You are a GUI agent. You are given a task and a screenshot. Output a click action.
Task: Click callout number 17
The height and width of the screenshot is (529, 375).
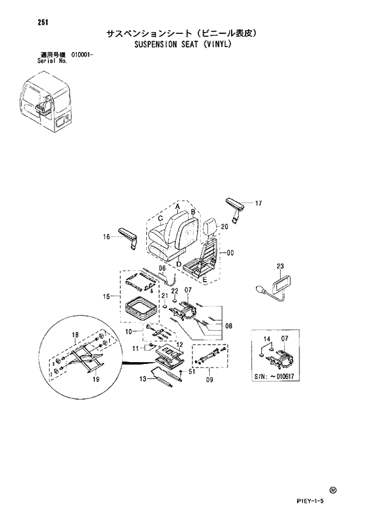[258, 203]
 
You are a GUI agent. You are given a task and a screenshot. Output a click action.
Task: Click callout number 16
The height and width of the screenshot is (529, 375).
[106, 238]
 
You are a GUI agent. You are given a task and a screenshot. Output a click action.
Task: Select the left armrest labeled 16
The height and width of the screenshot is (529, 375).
[129, 237]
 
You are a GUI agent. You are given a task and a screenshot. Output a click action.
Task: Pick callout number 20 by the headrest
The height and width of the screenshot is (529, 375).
[224, 227]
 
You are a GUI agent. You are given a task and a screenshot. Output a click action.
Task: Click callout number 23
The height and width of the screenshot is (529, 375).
[280, 266]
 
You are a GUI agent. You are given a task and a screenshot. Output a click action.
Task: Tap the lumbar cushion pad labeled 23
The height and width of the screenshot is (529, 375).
[281, 283]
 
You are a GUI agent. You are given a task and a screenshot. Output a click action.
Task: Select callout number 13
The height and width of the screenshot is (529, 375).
[143, 379]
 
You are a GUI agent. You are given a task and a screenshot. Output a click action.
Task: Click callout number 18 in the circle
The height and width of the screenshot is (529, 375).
[76, 335]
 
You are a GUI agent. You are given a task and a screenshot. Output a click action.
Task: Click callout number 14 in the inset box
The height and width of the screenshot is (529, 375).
[264, 339]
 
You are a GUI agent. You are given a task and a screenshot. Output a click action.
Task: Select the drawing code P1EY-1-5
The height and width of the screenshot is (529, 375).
[314, 501]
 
